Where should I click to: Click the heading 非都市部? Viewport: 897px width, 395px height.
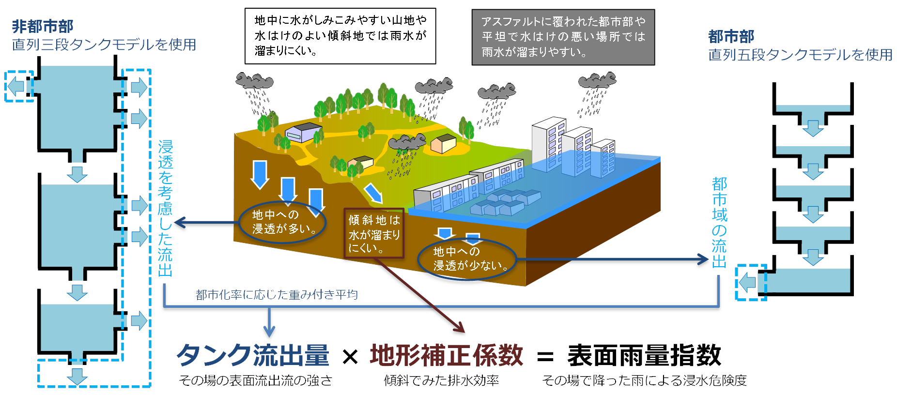point(43,26)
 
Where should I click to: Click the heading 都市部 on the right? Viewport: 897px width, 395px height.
point(731,36)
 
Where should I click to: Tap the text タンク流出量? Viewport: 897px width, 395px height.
point(253,356)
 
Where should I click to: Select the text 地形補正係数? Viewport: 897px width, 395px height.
point(446,356)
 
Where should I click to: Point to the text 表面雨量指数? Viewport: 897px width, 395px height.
point(644,356)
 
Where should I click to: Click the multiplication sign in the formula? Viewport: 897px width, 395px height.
point(350,358)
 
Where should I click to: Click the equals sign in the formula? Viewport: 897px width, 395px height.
point(545,358)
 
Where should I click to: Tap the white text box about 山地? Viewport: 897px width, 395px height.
point(340,36)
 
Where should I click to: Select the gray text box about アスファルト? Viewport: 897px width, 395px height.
point(563,37)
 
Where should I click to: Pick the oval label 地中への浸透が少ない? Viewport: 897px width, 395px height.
point(466,259)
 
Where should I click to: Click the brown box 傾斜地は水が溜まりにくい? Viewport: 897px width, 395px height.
point(373,233)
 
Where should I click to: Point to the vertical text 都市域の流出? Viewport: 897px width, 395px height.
point(719,223)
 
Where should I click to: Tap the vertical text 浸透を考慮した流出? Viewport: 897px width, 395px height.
point(165,208)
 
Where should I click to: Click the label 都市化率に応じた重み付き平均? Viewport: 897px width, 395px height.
point(277,295)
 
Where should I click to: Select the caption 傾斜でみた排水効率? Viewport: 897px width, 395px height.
point(441,380)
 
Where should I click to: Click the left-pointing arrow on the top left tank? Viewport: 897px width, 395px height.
point(16,87)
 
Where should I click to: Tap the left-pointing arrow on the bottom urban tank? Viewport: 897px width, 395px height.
point(748,282)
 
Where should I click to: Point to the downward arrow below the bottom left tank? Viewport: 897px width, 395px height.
point(77,376)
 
